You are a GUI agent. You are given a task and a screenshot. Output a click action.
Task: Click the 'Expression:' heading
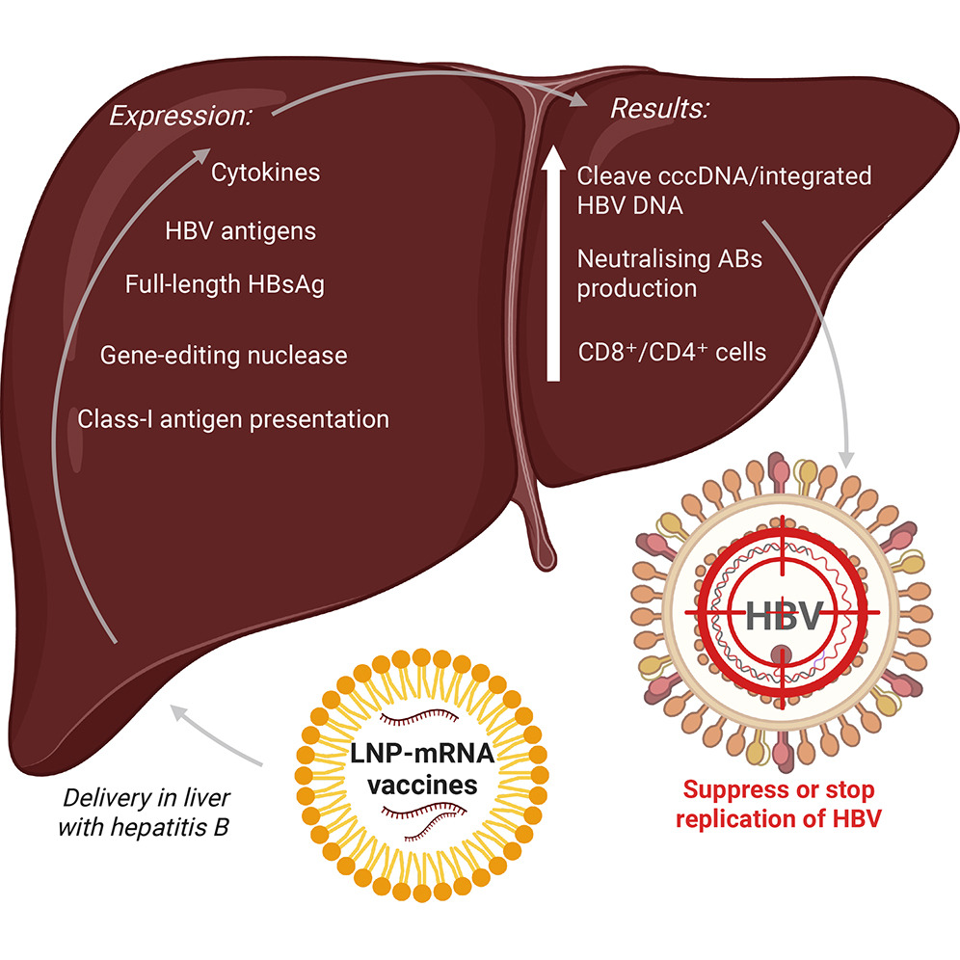[x=180, y=117]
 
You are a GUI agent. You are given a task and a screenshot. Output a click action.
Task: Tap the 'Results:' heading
[x=660, y=109]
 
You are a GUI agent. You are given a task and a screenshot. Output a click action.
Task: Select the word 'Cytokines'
[x=265, y=174]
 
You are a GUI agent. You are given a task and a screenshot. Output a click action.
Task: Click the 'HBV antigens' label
[x=241, y=231]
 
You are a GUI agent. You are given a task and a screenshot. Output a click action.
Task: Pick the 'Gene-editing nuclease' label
[x=224, y=356]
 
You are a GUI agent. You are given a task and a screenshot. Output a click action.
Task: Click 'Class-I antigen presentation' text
[x=234, y=419]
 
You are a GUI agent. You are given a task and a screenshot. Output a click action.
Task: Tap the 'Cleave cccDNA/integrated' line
[x=724, y=176]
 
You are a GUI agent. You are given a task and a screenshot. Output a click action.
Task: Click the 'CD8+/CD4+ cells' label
[x=672, y=352]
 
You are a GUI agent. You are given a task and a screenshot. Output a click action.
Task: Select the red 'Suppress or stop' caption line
[x=779, y=791]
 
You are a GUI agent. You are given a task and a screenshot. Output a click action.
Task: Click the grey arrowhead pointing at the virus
[x=848, y=454]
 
